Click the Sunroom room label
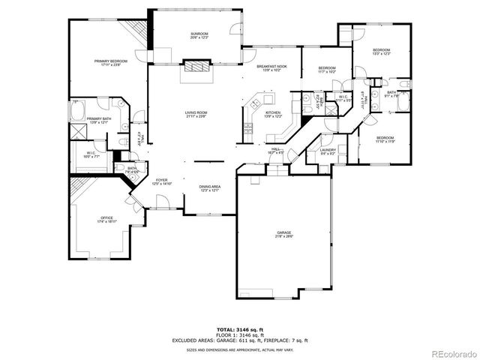click(x=199, y=35)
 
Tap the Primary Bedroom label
click(x=110, y=62)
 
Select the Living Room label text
click(x=196, y=114)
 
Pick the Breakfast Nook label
click(x=271, y=68)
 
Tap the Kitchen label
click(x=272, y=114)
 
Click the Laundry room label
click(x=328, y=151)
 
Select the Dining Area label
click(x=209, y=188)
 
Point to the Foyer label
click(x=161, y=181)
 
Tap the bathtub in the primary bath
click(x=79, y=112)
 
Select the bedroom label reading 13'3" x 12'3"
click(x=382, y=52)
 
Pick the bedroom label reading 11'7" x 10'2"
click(x=326, y=70)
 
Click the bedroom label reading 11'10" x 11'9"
click(x=385, y=139)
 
